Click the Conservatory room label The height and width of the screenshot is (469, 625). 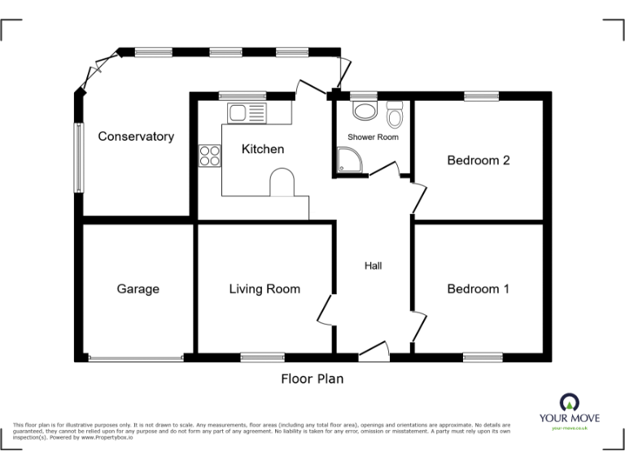click(x=136, y=137)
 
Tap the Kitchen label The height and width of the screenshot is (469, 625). click(x=263, y=149)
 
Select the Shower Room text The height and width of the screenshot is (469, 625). click(x=373, y=137)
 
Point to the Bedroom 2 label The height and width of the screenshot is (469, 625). click(x=479, y=160)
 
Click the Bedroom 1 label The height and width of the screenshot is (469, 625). click(x=479, y=289)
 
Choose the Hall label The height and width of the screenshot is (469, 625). click(x=373, y=266)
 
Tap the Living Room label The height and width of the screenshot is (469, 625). click(x=264, y=289)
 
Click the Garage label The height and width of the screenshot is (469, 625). click(x=138, y=289)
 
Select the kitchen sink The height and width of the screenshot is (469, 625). click(x=247, y=113)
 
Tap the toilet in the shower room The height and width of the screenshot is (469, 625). click(x=396, y=116)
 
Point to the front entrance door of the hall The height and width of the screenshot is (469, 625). click(x=374, y=353)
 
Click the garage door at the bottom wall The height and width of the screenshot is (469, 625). click(x=136, y=357)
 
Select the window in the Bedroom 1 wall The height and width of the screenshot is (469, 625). click(x=483, y=357)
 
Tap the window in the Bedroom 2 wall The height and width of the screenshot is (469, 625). click(x=483, y=96)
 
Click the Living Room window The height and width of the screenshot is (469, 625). click(x=262, y=357)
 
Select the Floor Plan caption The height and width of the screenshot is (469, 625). click(x=312, y=379)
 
